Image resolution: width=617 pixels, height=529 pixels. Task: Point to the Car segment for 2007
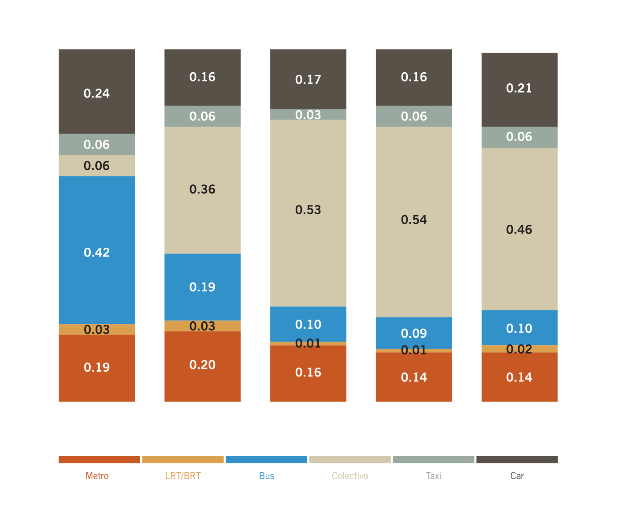[519, 106]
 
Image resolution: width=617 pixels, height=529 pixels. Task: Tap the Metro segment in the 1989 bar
[203, 379]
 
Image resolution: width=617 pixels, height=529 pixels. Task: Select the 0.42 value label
[97, 253]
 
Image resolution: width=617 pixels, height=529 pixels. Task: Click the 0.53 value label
[308, 210]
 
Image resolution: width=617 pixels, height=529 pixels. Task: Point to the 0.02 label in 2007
[519, 349]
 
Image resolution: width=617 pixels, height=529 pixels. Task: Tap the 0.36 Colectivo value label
[203, 190]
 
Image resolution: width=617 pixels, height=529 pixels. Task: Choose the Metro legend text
[97, 476]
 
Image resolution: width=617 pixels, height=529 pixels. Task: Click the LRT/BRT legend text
[183, 476]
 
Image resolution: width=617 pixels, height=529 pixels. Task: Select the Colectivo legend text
[350, 476]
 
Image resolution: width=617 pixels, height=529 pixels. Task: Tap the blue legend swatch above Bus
[267, 459]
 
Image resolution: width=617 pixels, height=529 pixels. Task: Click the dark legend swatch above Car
[517, 459]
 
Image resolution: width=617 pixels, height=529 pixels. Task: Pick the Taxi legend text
[434, 476]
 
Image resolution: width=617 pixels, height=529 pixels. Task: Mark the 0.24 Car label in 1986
[97, 93]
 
